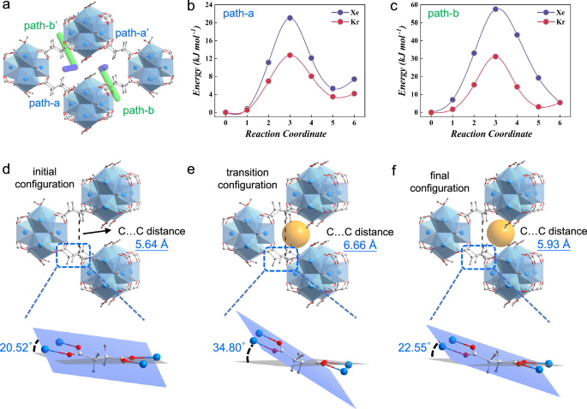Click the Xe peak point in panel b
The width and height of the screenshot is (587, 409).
[291, 18]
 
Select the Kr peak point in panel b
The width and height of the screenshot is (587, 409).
[291, 55]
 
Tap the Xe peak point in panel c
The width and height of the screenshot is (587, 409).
[495, 9]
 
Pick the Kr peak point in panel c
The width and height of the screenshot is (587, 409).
[495, 56]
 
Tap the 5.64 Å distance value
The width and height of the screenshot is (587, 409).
[157, 245]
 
